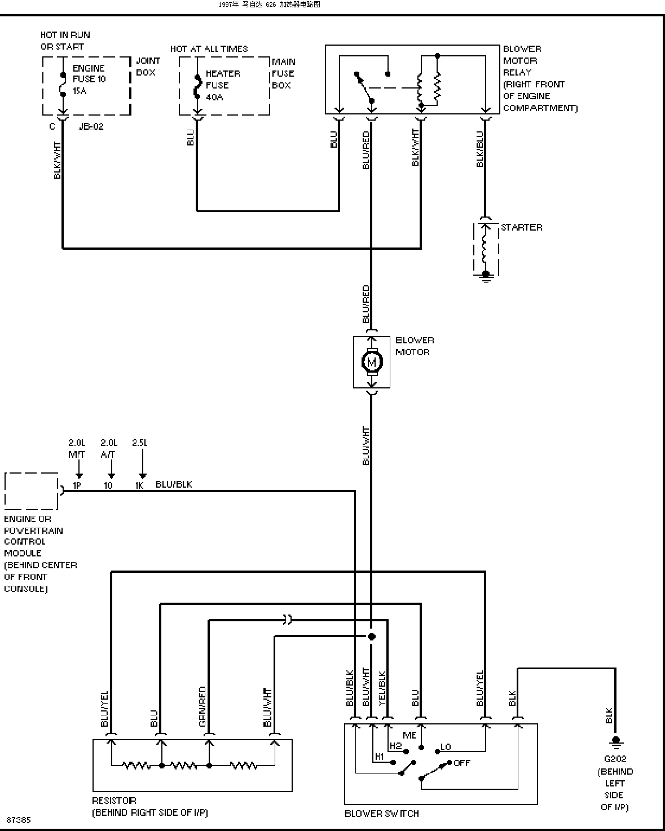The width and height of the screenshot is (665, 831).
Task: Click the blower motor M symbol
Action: [372, 362]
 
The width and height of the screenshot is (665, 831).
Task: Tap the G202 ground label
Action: [615, 759]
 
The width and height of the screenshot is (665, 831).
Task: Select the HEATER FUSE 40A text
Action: [223, 85]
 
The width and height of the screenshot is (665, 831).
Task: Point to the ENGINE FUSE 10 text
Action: [89, 74]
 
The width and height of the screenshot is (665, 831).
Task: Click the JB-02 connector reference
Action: [91, 126]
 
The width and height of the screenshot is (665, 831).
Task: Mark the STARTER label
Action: [522, 227]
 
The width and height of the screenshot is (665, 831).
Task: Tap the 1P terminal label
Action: [77, 485]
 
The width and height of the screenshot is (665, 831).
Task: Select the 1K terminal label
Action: [139, 485]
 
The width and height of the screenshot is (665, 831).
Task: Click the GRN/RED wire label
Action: [202, 706]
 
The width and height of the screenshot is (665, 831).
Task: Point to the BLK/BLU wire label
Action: [480, 149]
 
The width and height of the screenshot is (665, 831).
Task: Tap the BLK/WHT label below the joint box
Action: [57, 161]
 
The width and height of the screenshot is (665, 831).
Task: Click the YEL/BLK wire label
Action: [382, 689]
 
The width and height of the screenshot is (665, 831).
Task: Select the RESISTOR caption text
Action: [114, 801]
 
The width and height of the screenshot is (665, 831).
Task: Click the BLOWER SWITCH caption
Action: [382, 814]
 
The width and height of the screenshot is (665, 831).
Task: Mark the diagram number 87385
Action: [19, 820]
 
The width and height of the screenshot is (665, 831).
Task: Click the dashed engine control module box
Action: [31, 473]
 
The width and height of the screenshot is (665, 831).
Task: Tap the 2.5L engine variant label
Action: [140, 443]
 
